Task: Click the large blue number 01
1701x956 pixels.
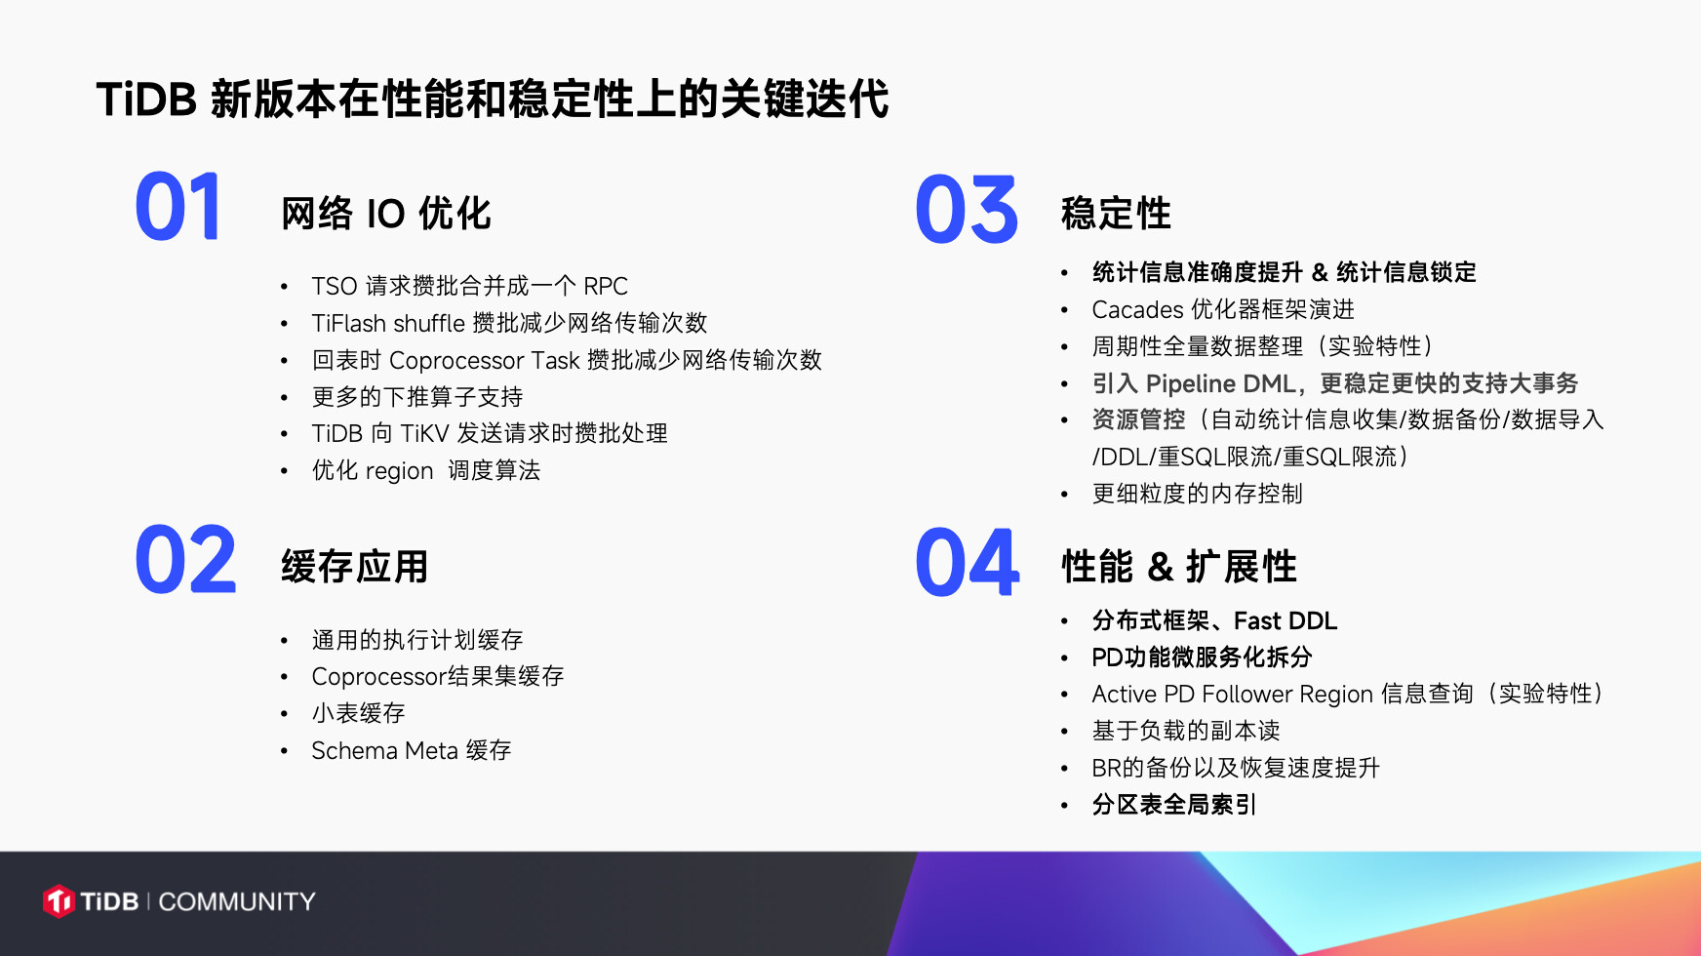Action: pos(178,207)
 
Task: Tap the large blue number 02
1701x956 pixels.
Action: pos(185,560)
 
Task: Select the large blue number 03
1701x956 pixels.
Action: pos(967,210)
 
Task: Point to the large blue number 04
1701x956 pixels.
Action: pos(968,563)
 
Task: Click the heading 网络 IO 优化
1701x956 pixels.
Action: pos(386,214)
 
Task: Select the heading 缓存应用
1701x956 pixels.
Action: pos(355,567)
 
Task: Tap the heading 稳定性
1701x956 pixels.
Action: pos(1116,214)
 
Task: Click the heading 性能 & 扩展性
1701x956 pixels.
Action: pos(1179,567)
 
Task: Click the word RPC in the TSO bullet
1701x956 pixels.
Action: pos(606,286)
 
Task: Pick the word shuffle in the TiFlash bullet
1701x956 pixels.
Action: pos(429,323)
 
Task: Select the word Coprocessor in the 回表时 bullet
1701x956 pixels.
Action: pos(456,361)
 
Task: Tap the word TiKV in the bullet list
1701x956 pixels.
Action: pos(424,433)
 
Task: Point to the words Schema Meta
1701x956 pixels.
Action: pos(384,750)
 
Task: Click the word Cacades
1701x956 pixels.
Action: pos(1137,309)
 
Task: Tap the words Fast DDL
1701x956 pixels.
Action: pos(1286,620)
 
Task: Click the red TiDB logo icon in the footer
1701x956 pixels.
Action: pos(59,901)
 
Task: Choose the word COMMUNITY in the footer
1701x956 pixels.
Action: pos(237,901)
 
